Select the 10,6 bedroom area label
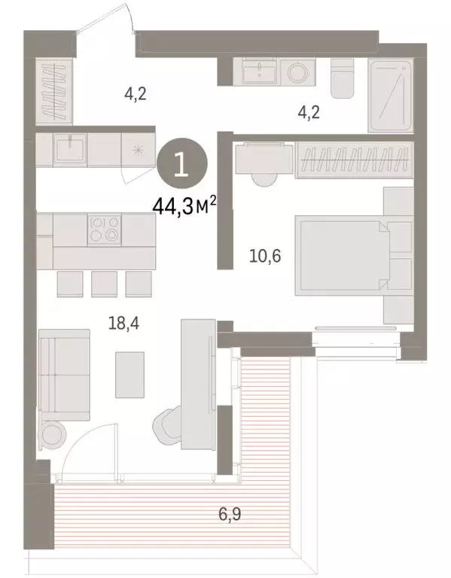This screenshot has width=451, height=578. click(266, 256)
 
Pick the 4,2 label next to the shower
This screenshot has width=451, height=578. click(309, 114)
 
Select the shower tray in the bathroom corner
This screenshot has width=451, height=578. click(391, 96)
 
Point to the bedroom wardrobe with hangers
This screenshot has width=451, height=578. click(355, 160)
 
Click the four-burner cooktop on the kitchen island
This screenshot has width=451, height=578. click(105, 229)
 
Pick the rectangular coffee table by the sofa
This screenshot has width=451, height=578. click(130, 374)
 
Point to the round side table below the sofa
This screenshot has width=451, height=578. click(54, 433)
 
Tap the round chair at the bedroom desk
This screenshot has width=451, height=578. click(264, 175)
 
